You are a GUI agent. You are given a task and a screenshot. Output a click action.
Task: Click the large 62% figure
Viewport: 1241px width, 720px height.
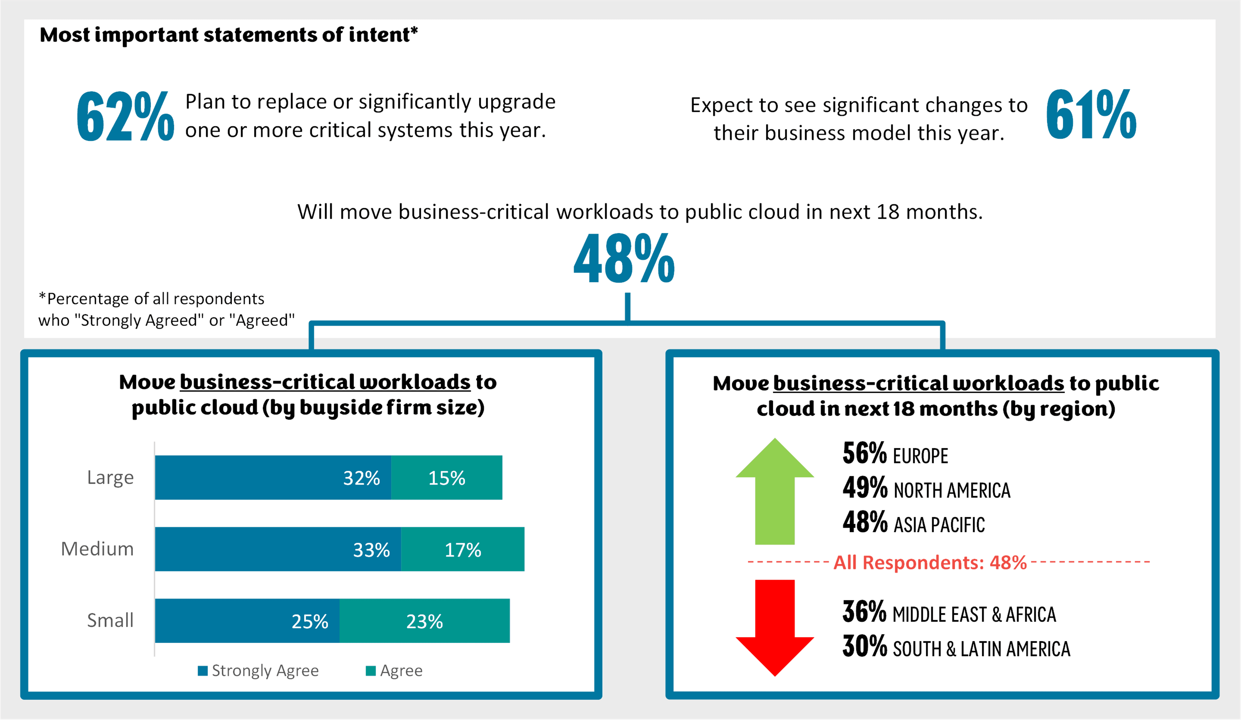click(x=125, y=116)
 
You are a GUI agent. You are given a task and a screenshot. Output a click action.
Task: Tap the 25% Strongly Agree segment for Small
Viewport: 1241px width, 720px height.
click(x=247, y=621)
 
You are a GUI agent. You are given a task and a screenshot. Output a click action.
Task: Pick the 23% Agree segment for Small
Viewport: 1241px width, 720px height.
click(x=425, y=621)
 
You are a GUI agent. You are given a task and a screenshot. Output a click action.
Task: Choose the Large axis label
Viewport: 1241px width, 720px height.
click(x=110, y=477)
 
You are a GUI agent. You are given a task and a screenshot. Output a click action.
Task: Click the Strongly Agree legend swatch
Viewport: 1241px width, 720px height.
click(x=202, y=671)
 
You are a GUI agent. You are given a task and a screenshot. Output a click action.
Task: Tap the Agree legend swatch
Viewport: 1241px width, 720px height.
click(x=371, y=671)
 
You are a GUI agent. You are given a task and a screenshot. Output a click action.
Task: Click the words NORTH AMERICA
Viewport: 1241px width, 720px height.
click(x=952, y=490)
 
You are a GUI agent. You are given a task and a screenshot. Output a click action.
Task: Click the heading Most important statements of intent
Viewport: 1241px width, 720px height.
click(x=228, y=35)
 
